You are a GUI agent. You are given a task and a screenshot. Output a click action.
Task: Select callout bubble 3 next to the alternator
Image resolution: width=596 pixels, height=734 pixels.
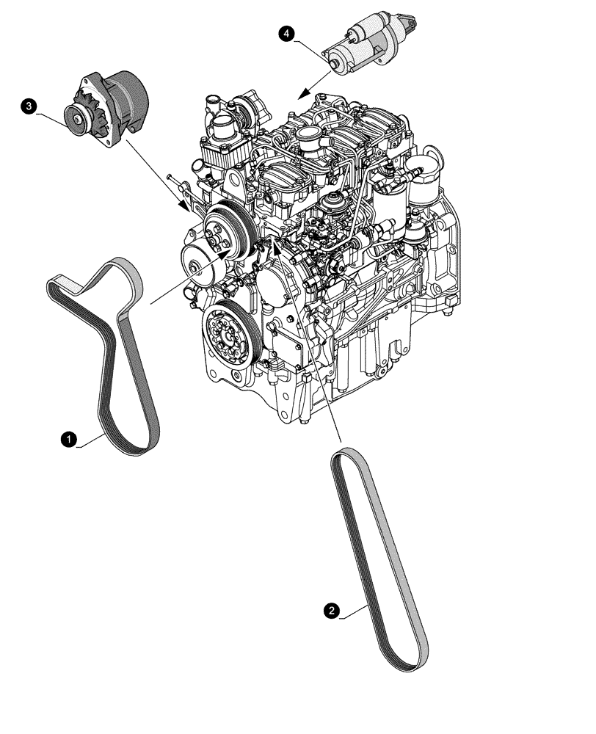(29, 107)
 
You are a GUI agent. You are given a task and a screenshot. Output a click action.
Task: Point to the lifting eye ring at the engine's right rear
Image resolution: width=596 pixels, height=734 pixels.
(432, 154)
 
